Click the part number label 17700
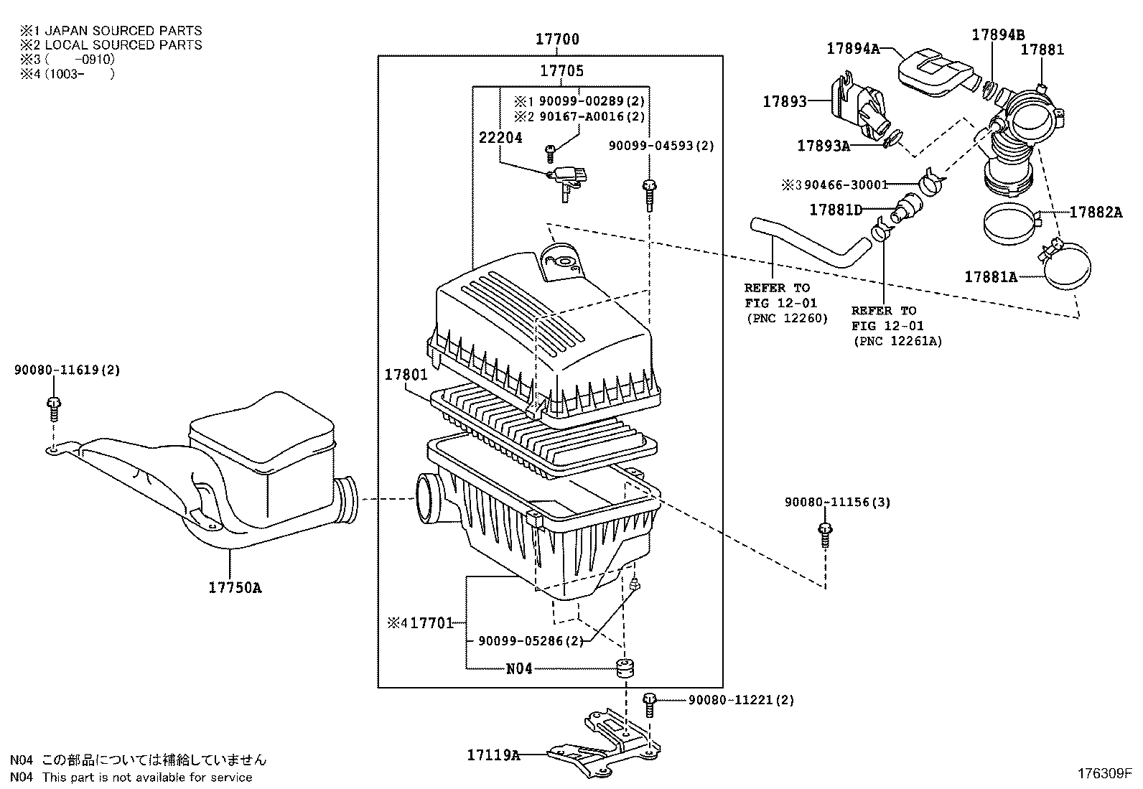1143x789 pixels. point(557,39)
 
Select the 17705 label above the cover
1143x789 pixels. point(561,70)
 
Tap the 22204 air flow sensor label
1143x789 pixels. point(500,138)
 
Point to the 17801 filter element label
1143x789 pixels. point(406,375)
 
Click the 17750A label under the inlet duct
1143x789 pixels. point(235,588)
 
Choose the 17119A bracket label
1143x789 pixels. point(493,755)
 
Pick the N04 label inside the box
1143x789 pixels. point(519,668)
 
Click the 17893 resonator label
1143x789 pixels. point(785,102)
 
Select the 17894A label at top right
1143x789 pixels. point(852,48)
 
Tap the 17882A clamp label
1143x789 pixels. point(1095,212)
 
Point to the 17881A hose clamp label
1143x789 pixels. point(990,276)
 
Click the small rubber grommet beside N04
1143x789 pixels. point(626,668)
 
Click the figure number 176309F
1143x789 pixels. point(1104,774)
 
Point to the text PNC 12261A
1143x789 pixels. point(897,342)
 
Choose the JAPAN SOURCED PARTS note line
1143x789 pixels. point(111,31)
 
